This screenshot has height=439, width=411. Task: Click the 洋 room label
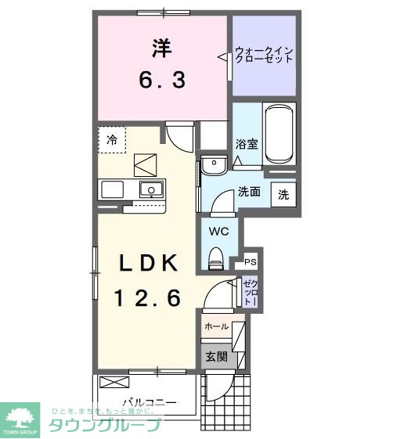(x=162, y=48)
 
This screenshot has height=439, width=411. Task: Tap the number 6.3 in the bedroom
(x=162, y=79)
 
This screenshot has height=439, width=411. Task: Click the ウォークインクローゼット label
(x=265, y=56)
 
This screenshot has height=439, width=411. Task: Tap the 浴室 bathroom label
(x=247, y=143)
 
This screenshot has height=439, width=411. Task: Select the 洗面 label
(x=250, y=192)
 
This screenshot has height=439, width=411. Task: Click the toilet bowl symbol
(x=217, y=256)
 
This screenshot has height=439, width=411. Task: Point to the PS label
(x=251, y=262)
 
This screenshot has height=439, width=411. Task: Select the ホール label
(x=216, y=326)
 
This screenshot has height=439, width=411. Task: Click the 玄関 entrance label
(x=216, y=357)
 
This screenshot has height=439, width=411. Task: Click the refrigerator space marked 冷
(x=112, y=140)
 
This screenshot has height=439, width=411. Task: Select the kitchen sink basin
(x=150, y=189)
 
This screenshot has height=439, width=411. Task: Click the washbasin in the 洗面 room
(x=213, y=165)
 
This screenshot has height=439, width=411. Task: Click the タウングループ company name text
(x=105, y=426)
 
